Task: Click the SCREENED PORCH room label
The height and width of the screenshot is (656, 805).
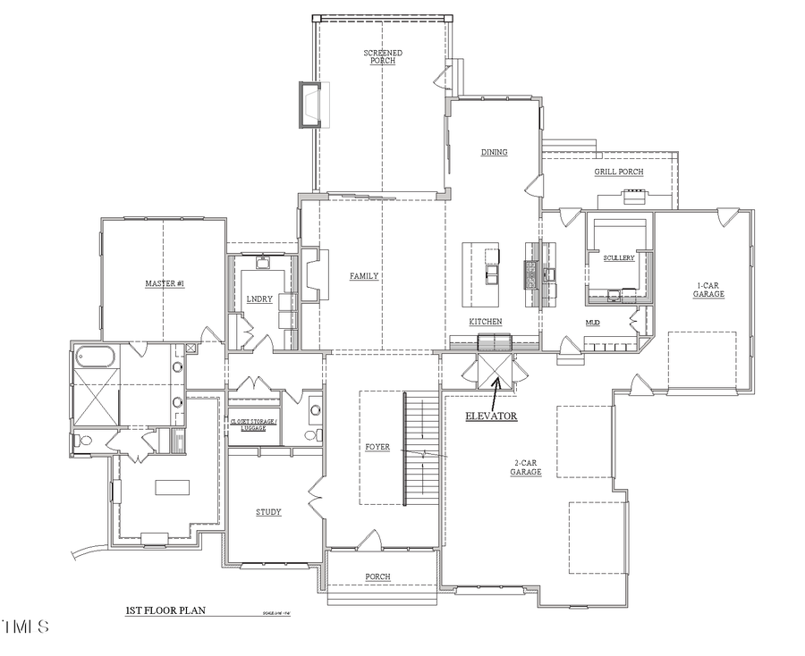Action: (x=382, y=57)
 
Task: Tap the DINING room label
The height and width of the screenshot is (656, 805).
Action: (x=494, y=153)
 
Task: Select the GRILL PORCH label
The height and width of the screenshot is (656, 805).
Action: (x=619, y=172)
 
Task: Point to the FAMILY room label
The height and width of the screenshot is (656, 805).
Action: (x=364, y=276)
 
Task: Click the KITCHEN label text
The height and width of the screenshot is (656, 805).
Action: (x=485, y=322)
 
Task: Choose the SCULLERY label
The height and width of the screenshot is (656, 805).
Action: (x=618, y=258)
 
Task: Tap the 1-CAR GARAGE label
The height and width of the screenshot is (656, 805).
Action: (x=710, y=290)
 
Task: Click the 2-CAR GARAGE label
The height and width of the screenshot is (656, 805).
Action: (x=526, y=467)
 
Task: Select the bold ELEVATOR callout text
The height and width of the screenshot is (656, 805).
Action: (x=491, y=416)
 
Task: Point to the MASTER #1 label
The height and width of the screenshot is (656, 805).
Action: (x=165, y=284)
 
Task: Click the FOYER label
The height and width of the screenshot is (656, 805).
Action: (x=377, y=447)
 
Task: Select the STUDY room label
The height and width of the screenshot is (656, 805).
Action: (x=268, y=512)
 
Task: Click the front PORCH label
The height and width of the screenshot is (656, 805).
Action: (x=377, y=576)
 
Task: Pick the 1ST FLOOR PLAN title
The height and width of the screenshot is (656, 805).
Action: (x=165, y=610)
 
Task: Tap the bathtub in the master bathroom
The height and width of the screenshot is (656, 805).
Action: (x=95, y=359)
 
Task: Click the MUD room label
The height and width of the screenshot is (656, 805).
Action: (x=592, y=322)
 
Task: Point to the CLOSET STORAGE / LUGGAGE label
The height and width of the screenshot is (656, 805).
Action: (x=254, y=425)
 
